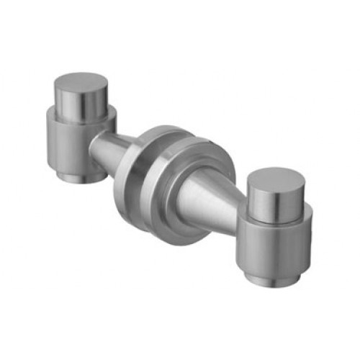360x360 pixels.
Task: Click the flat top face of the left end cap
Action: (x=80, y=82)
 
